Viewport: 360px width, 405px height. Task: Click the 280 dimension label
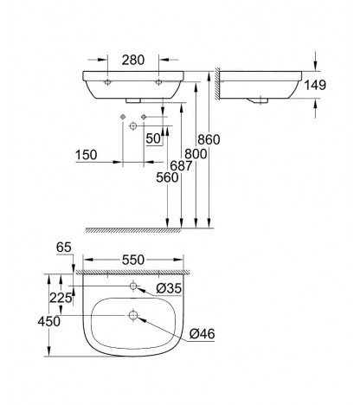(x=132, y=60)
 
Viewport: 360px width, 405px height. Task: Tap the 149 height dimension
(x=315, y=85)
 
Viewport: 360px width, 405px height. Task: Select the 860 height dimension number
(x=209, y=139)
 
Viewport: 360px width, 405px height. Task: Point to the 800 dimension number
(x=196, y=154)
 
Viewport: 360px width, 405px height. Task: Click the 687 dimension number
(x=181, y=166)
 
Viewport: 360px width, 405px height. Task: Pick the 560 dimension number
(x=167, y=177)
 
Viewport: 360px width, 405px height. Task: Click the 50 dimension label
(x=153, y=138)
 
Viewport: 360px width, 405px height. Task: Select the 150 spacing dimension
(x=87, y=155)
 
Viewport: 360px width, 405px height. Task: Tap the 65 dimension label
(x=64, y=247)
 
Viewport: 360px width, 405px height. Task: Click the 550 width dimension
(x=133, y=260)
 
